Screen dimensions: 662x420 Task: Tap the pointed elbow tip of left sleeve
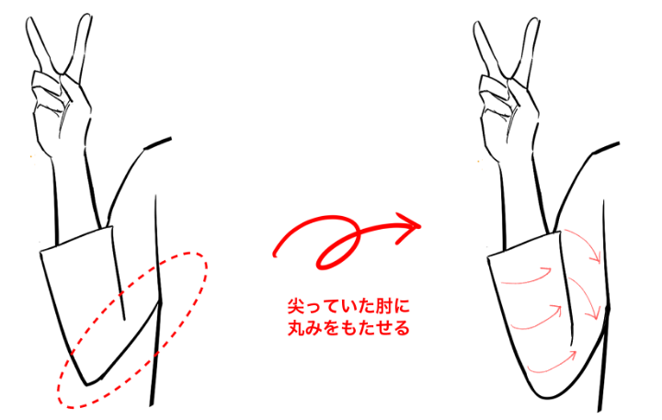tap(87, 384)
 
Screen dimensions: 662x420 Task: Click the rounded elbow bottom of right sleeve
tap(549, 397)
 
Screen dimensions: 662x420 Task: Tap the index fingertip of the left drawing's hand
tap(29, 21)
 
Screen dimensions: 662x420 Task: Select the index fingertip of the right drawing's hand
tap(477, 25)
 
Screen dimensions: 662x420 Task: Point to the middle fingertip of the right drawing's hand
tap(533, 21)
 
